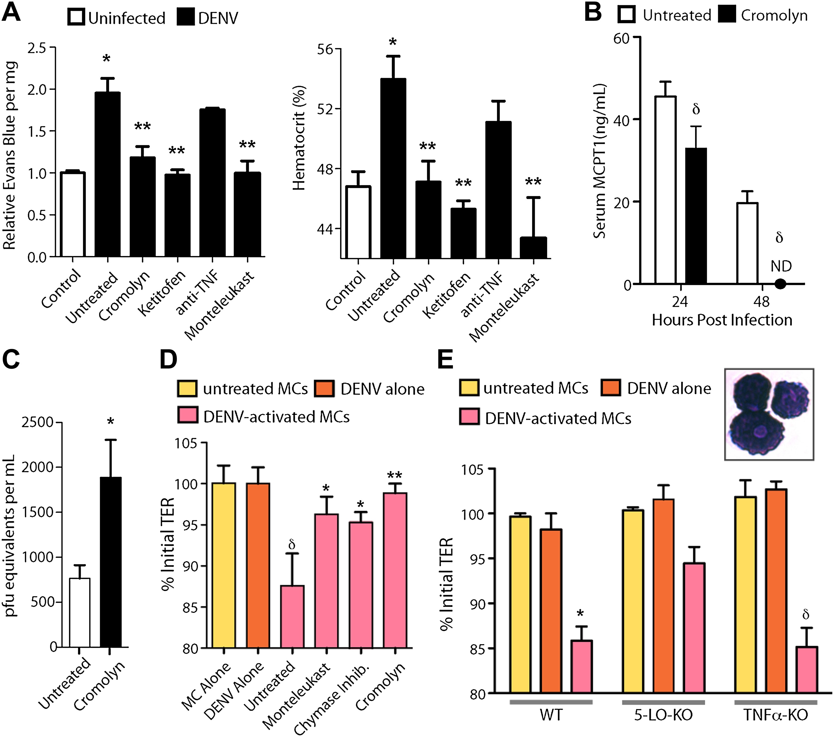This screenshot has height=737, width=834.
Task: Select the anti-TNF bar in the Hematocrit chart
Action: (498, 190)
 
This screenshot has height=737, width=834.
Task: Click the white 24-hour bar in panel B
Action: (665, 190)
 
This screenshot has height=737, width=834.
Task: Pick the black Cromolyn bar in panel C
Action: (110, 562)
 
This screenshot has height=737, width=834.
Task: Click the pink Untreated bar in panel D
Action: (292, 617)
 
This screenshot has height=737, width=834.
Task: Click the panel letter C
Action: (11, 360)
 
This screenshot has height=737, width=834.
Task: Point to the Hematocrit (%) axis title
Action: (299, 138)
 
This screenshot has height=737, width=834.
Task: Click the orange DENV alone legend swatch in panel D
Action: (324, 388)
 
